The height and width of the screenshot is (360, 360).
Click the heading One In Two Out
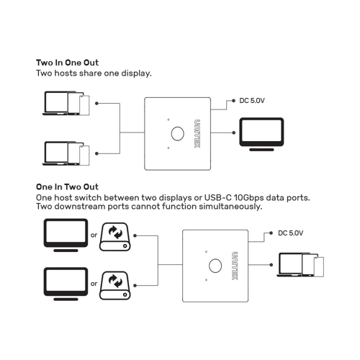click(x=67, y=187)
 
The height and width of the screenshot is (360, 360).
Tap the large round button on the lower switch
click(x=215, y=265)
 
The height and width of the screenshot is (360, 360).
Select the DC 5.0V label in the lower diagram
click(x=291, y=233)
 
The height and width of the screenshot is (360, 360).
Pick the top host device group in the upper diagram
click(x=67, y=103)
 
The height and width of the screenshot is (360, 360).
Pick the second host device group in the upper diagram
click(x=67, y=153)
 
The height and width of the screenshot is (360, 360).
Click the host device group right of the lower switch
click(x=300, y=264)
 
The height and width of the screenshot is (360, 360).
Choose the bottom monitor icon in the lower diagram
click(x=66, y=282)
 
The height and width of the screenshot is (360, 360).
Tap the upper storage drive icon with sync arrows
click(x=116, y=235)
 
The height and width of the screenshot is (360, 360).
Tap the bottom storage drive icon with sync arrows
click(x=116, y=282)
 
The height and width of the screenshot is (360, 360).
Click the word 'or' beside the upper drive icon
click(x=94, y=235)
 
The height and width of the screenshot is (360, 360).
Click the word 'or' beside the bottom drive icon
click(x=94, y=283)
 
